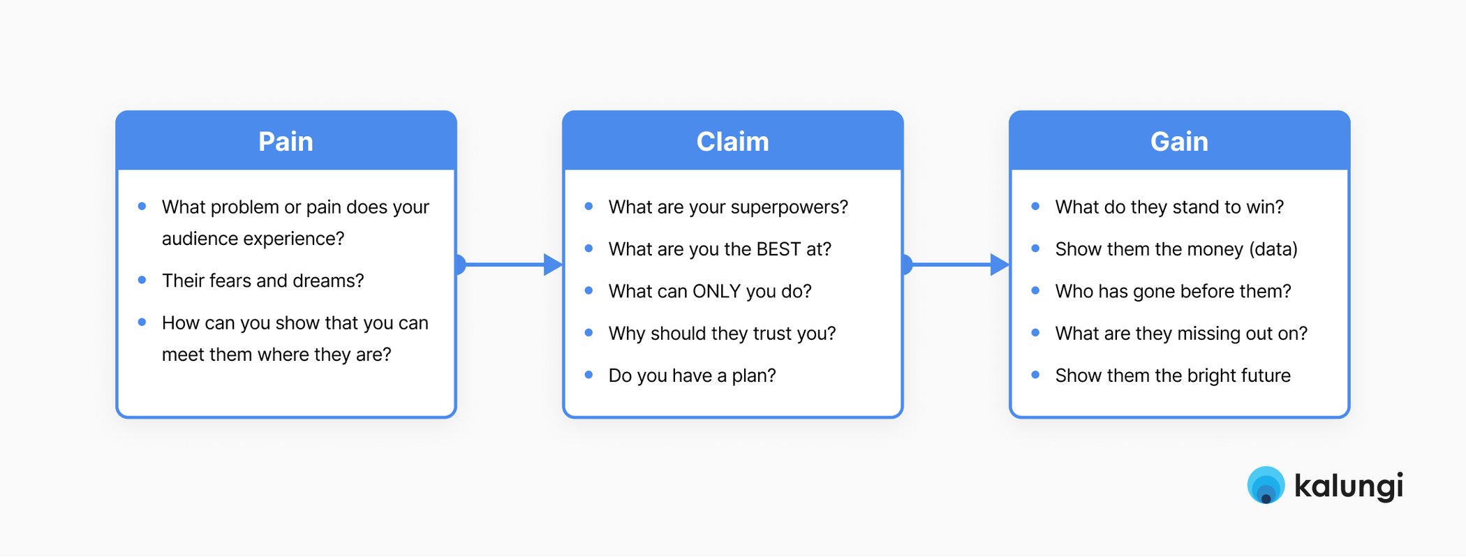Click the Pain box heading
(286, 142)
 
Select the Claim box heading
(732, 142)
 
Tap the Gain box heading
(1179, 142)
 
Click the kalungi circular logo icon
(1266, 485)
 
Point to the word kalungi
(1348, 486)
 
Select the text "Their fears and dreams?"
(262, 281)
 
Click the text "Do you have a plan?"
(692, 376)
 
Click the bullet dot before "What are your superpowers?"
(588, 207)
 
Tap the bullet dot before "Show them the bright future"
(1035, 375)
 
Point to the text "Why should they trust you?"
(722, 334)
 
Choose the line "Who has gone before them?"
(1173, 291)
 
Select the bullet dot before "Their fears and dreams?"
(142, 280)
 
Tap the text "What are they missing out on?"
(1181, 334)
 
